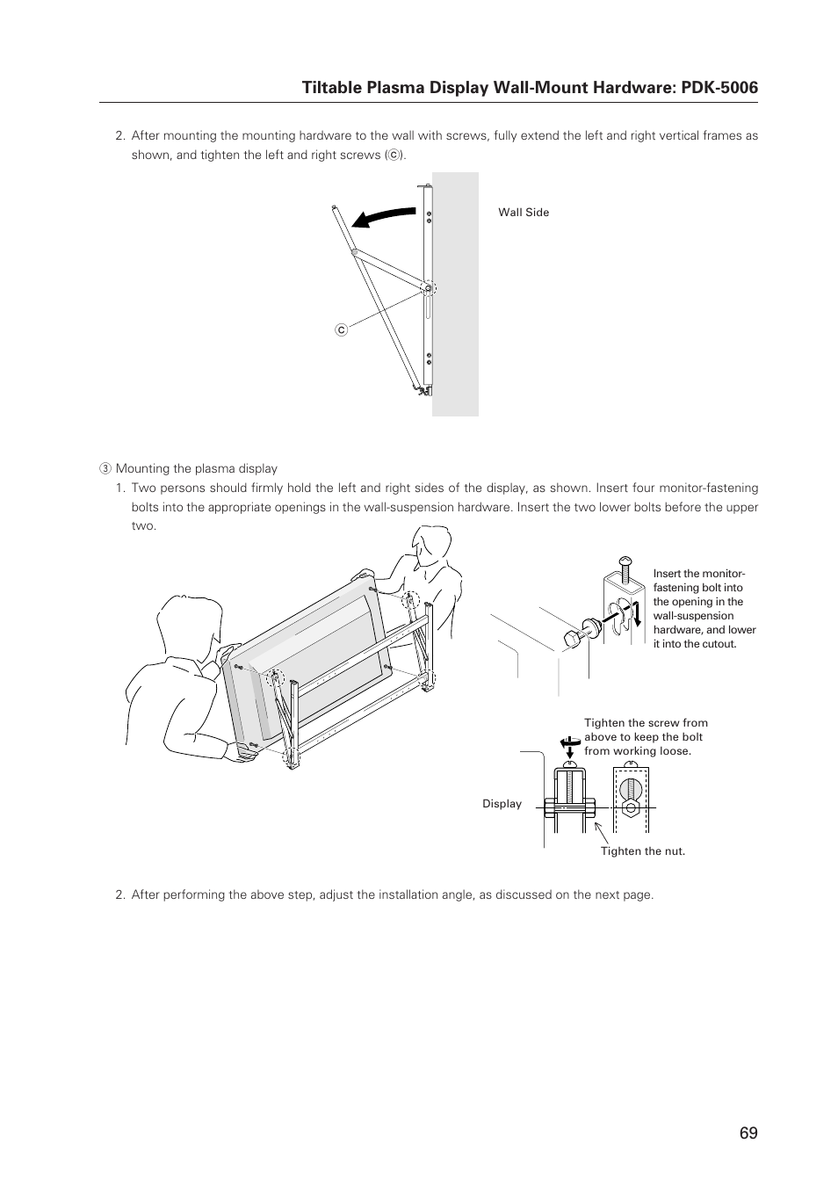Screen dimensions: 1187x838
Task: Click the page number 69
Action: point(748,1133)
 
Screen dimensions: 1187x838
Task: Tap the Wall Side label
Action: point(524,213)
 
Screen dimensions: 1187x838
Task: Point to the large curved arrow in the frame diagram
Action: point(382,217)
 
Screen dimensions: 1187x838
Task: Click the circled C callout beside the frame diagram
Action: point(342,329)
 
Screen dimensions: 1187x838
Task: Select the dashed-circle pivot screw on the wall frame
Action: point(428,288)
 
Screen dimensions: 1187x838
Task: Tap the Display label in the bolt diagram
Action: point(502,804)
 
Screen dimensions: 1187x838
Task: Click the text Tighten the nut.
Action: point(642,851)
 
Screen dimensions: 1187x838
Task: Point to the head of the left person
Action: point(186,625)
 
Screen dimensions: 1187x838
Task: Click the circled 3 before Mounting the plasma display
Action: point(104,469)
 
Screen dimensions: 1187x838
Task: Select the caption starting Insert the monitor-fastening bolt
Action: point(704,609)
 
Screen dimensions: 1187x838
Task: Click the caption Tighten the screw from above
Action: point(645,737)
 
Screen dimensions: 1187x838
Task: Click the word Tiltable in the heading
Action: point(329,87)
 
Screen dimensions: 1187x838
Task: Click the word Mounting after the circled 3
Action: point(144,469)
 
